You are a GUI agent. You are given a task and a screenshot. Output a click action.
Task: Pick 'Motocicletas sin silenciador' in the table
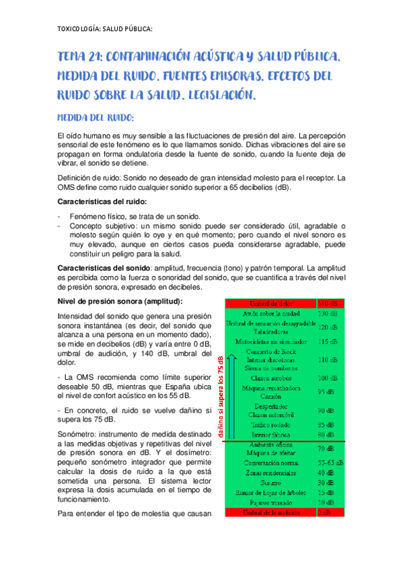coord(271,341)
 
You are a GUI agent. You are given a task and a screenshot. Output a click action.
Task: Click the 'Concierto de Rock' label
coord(271,351)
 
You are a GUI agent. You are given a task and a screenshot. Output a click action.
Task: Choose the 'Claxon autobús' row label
coord(271,378)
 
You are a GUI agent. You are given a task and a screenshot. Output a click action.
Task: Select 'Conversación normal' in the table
coord(271,463)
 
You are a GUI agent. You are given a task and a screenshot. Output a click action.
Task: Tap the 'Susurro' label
coord(271,483)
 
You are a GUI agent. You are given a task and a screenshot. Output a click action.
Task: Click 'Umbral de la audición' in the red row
coord(271,512)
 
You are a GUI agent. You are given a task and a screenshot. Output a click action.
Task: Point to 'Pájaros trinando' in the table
coord(271,502)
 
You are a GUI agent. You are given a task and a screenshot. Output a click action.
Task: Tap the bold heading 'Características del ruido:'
coord(102,202)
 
